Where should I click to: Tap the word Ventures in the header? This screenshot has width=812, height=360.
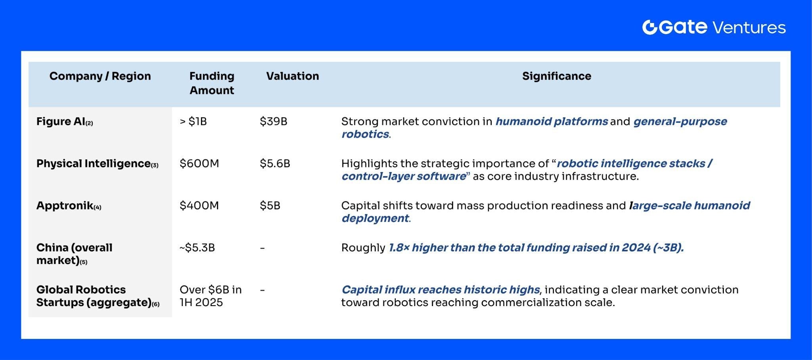pyautogui.click(x=749, y=28)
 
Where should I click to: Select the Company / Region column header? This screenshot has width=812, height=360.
pyautogui.click(x=100, y=76)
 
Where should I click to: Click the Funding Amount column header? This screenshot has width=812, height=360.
pyautogui.click(x=212, y=83)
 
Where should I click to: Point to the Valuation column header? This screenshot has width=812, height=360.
pyautogui.click(x=292, y=76)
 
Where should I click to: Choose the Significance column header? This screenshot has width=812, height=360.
pyautogui.click(x=556, y=76)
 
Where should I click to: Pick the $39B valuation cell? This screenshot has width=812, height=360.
pyautogui.click(x=273, y=121)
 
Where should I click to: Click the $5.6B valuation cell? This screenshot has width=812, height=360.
pyautogui.click(x=275, y=163)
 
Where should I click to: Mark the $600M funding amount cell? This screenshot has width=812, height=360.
pyautogui.click(x=199, y=163)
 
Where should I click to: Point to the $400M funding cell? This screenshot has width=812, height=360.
pyautogui.click(x=199, y=205)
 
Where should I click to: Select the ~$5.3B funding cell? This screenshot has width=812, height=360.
pyautogui.click(x=197, y=248)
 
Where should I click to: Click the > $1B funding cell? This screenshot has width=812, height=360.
pyautogui.click(x=193, y=121)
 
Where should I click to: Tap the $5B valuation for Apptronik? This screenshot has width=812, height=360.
pyautogui.click(x=270, y=205)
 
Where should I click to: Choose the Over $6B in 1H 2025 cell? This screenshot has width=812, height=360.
pyautogui.click(x=210, y=296)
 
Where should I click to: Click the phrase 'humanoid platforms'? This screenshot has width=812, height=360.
pyautogui.click(x=552, y=121)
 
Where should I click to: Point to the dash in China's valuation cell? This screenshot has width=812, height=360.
pyautogui.click(x=262, y=248)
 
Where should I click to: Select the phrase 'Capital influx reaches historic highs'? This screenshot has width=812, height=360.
pyautogui.click(x=440, y=290)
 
